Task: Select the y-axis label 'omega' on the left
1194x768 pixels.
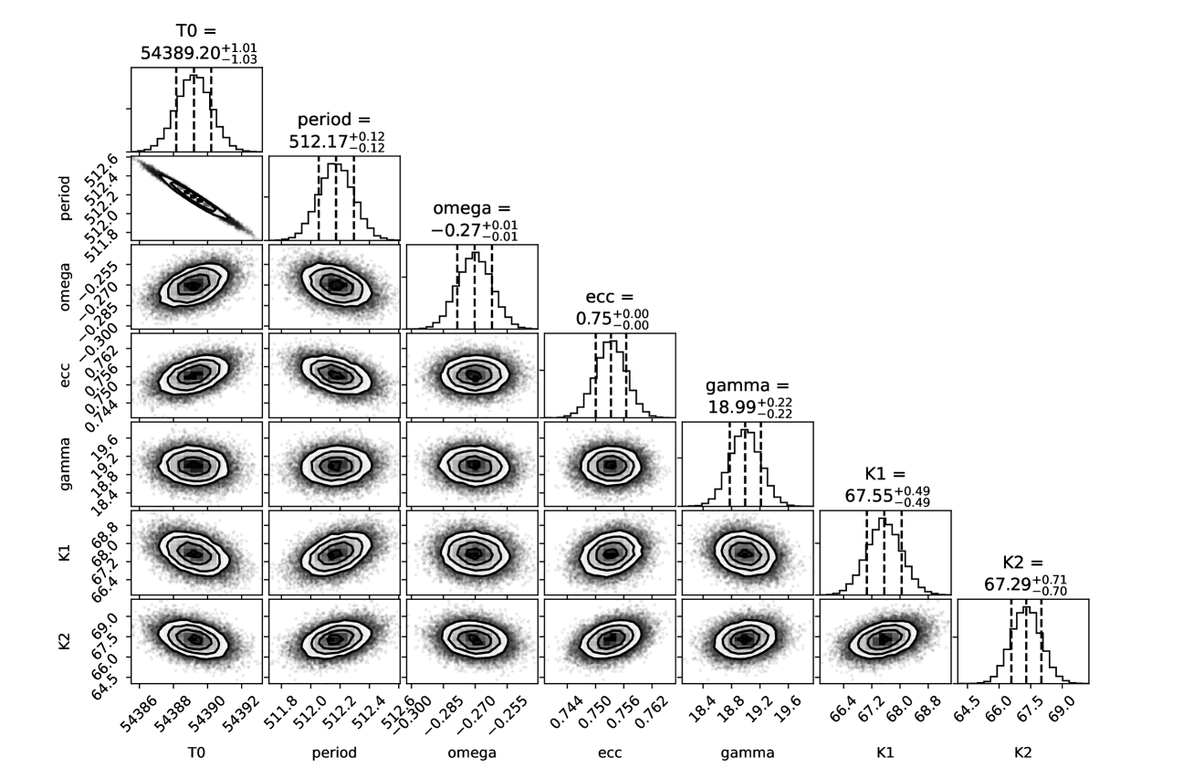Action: pyautogui.click(x=67, y=286)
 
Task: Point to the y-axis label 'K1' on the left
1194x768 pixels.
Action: pyautogui.click(x=67, y=553)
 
